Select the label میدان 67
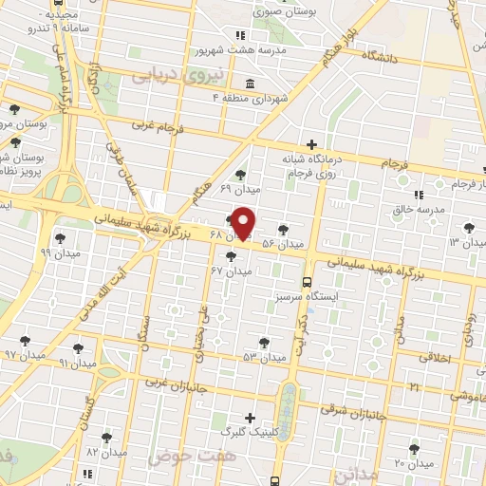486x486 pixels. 231,271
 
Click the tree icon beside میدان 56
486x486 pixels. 284,229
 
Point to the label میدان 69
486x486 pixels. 239,189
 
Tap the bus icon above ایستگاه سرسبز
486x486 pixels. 306,281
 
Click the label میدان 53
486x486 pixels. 263,357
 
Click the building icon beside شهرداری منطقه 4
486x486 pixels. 249,82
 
